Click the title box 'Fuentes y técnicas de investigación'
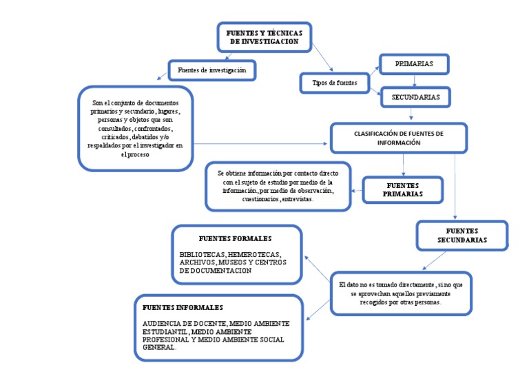coord(264,37)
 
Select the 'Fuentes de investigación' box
coord(211,70)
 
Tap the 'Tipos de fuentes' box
coord(335,83)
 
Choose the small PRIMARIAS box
coord(414,63)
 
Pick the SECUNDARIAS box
coord(415,97)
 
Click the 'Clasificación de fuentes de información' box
coord(399,138)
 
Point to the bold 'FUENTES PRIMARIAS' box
coord(403,190)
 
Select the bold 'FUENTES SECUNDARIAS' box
coord(462,235)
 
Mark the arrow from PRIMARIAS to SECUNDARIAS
coord(415,81)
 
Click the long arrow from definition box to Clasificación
coord(262,144)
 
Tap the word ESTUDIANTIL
coord(165,331)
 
